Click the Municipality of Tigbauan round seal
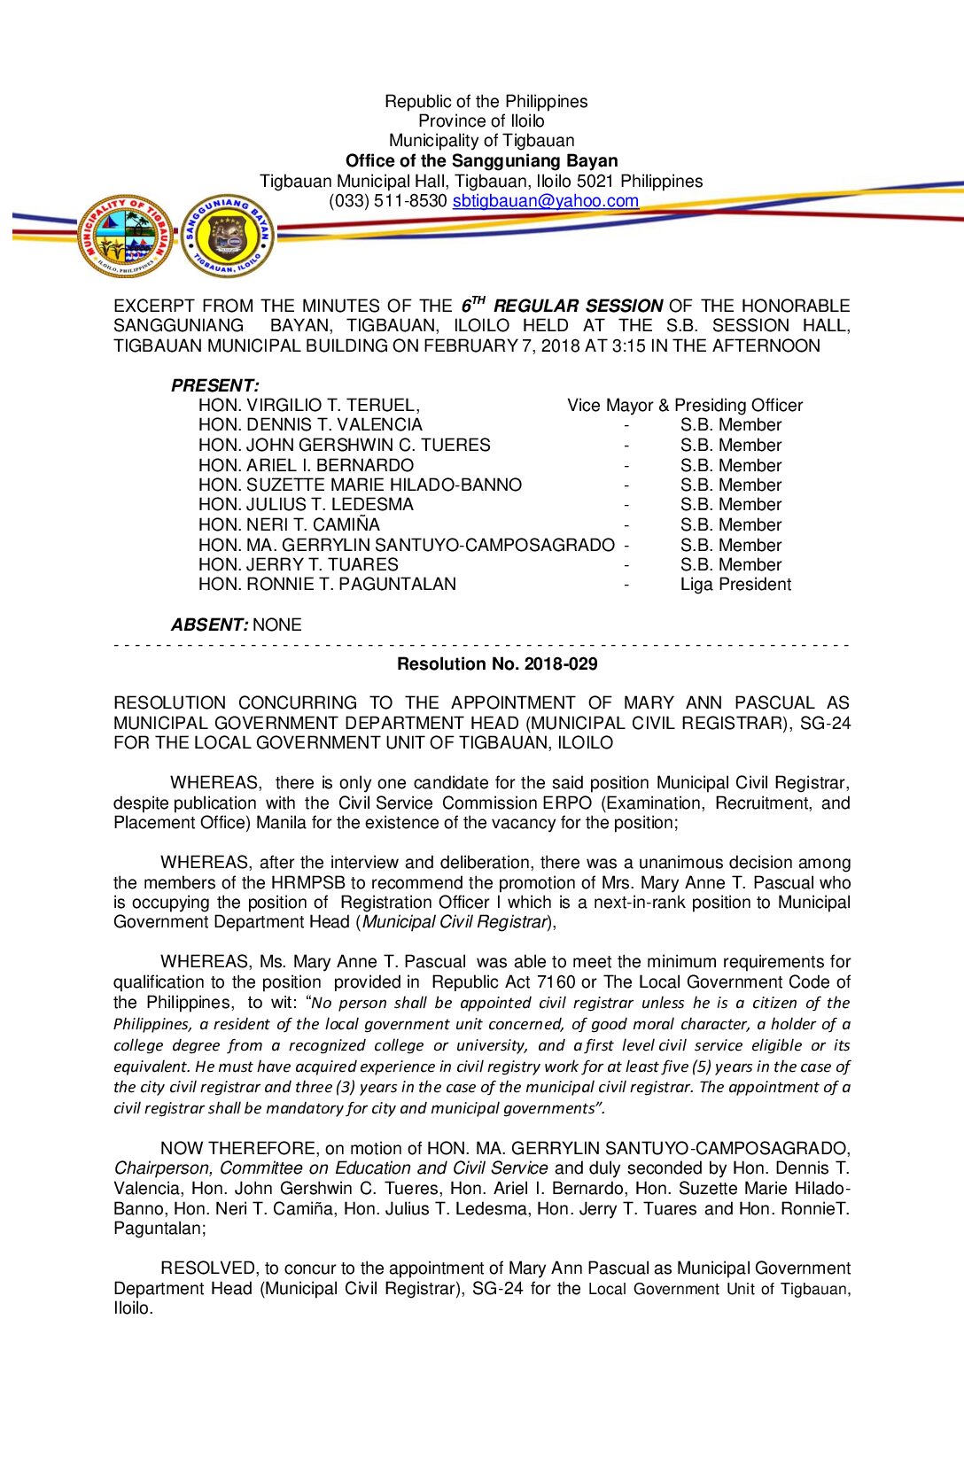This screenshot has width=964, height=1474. pyautogui.click(x=125, y=236)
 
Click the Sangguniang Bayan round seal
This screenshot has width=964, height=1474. pyautogui.click(x=228, y=236)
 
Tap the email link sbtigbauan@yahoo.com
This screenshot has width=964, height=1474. pyautogui.click(x=545, y=201)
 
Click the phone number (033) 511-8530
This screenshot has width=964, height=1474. pyautogui.click(x=387, y=201)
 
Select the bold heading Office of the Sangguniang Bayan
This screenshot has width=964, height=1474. pyautogui.click(x=481, y=161)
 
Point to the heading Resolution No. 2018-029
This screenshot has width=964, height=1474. pyautogui.click(x=497, y=664)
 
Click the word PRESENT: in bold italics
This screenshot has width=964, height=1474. pyautogui.click(x=214, y=385)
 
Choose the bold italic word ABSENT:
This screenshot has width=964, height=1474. pyautogui.click(x=210, y=625)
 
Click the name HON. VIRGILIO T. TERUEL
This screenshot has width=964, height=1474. pyautogui.click(x=308, y=406)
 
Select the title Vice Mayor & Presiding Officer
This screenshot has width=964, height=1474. pyautogui.click(x=685, y=406)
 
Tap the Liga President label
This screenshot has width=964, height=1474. pyautogui.click(x=735, y=585)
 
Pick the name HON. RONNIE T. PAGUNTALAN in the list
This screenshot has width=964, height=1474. pyautogui.click(x=327, y=585)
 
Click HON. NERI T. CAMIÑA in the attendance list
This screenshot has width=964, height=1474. pyautogui.click(x=289, y=525)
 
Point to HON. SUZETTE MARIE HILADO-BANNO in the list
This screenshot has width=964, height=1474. pyautogui.click(x=360, y=485)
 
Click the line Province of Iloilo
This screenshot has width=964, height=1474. pyautogui.click(x=481, y=121)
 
